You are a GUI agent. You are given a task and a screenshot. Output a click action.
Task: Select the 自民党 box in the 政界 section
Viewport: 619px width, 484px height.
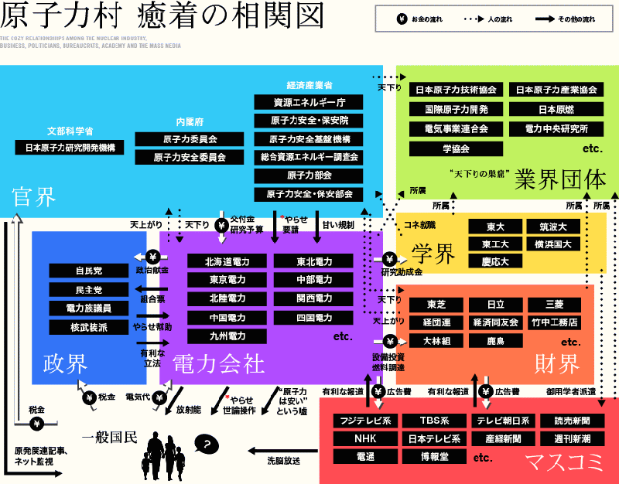coord(88,271)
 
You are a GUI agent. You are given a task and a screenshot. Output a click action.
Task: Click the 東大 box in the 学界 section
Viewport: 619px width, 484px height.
coord(495,227)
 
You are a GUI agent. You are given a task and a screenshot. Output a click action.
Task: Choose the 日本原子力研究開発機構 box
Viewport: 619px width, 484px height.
coord(70,147)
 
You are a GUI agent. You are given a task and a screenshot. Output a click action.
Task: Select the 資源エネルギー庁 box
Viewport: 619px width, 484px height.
coord(309,102)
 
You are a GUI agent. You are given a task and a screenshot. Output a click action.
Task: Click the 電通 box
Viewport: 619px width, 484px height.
coord(364,457)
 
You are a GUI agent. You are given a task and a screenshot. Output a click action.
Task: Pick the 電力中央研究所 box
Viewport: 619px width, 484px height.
coord(556,128)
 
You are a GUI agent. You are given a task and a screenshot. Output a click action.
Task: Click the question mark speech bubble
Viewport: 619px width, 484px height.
coord(206,444)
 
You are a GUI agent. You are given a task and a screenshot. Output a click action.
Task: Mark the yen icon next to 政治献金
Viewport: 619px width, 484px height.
coord(153,257)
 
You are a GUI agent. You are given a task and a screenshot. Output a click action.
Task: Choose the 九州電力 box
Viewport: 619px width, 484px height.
coord(227,336)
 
